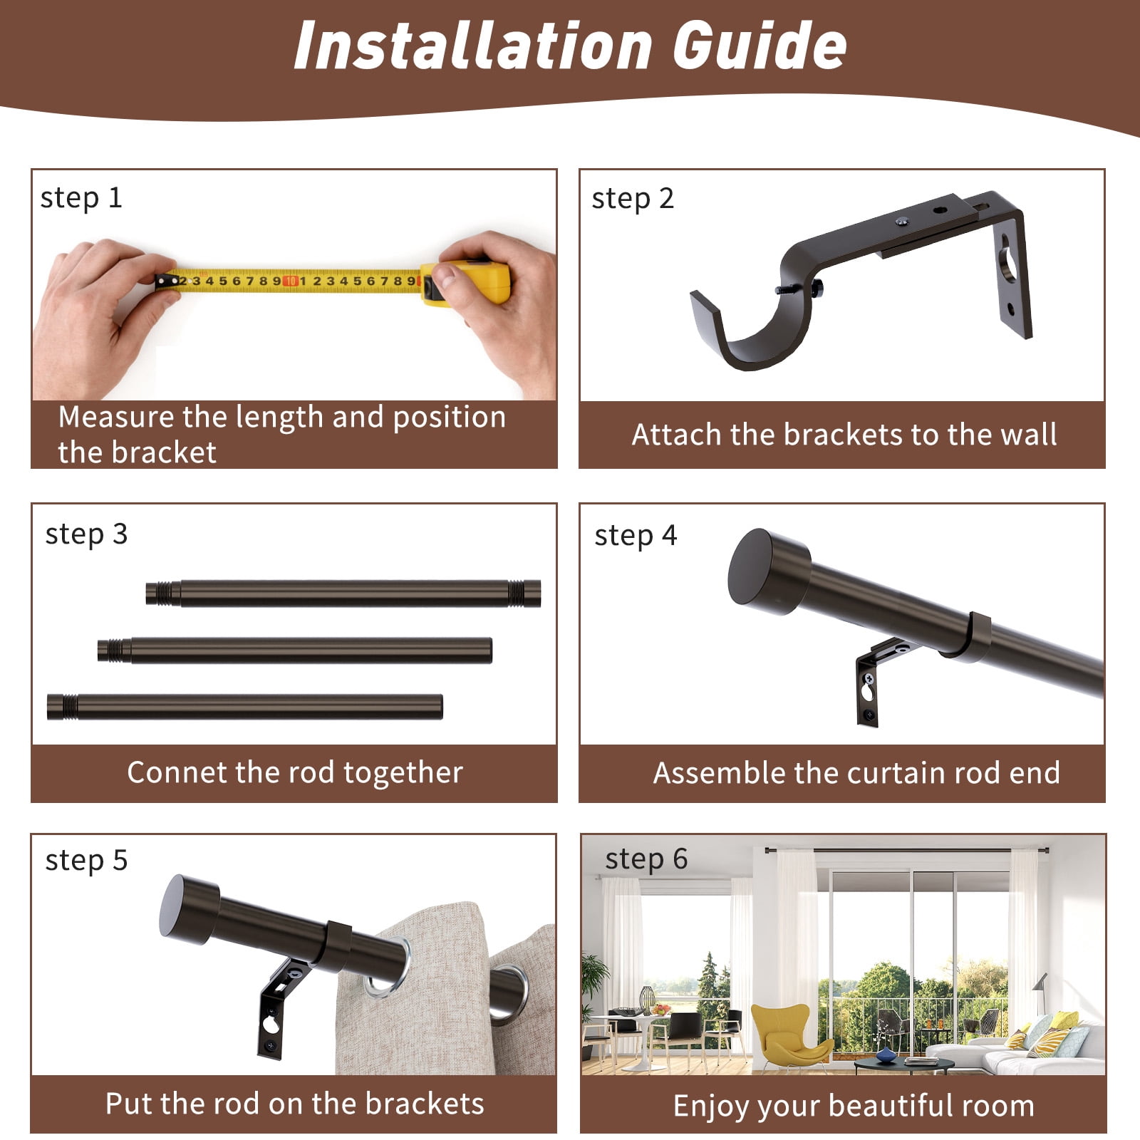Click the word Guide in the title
point(760,45)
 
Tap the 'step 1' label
point(81,198)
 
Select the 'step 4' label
point(636,536)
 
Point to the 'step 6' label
point(646,859)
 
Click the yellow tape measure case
point(467,283)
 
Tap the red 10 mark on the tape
point(291,281)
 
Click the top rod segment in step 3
point(343,594)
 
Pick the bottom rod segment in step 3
point(245,707)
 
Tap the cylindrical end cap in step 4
point(769,571)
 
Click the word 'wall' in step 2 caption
point(1029,435)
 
